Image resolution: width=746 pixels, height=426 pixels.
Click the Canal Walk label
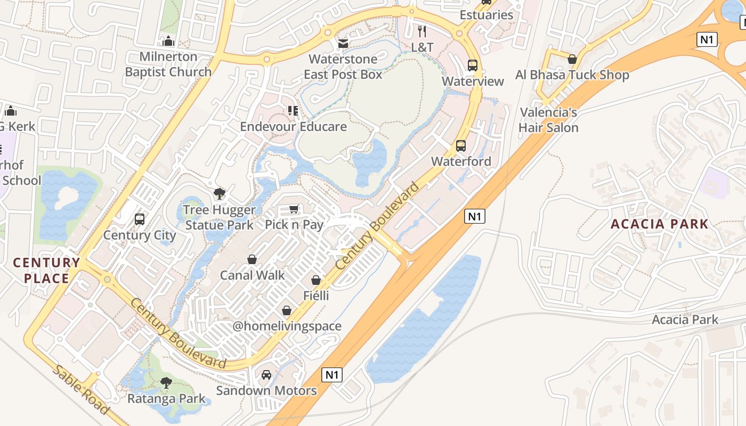click(x=253, y=275)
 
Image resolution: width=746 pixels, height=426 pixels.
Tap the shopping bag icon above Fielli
click(x=316, y=280)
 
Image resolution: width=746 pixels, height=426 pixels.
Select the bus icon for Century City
click(x=140, y=219)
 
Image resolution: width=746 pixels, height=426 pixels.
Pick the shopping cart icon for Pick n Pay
click(x=294, y=209)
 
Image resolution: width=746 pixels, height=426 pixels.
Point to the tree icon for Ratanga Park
click(x=166, y=382)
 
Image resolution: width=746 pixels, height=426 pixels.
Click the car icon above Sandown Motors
click(x=266, y=375)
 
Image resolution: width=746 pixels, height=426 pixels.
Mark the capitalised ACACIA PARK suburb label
click(x=659, y=224)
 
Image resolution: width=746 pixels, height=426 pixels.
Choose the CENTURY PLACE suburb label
click(x=46, y=270)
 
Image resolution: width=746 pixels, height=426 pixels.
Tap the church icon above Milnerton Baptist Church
click(x=168, y=41)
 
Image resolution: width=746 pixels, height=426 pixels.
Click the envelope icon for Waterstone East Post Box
click(x=343, y=43)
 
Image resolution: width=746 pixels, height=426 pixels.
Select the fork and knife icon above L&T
click(x=422, y=31)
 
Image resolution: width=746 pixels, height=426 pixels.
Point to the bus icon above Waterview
click(x=473, y=65)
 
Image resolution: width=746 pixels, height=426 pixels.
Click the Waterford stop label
click(x=461, y=161)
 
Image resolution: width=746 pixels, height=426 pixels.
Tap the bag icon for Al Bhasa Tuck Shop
click(x=572, y=59)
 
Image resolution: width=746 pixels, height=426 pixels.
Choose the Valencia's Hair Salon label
click(x=548, y=120)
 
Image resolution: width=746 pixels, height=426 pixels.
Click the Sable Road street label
click(x=81, y=390)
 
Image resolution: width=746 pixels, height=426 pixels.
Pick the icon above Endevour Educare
click(x=293, y=111)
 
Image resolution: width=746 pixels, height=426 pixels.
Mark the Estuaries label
click(x=486, y=15)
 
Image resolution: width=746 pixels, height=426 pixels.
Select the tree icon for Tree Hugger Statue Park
click(x=219, y=194)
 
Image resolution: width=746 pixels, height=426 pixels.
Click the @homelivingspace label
click(x=287, y=326)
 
